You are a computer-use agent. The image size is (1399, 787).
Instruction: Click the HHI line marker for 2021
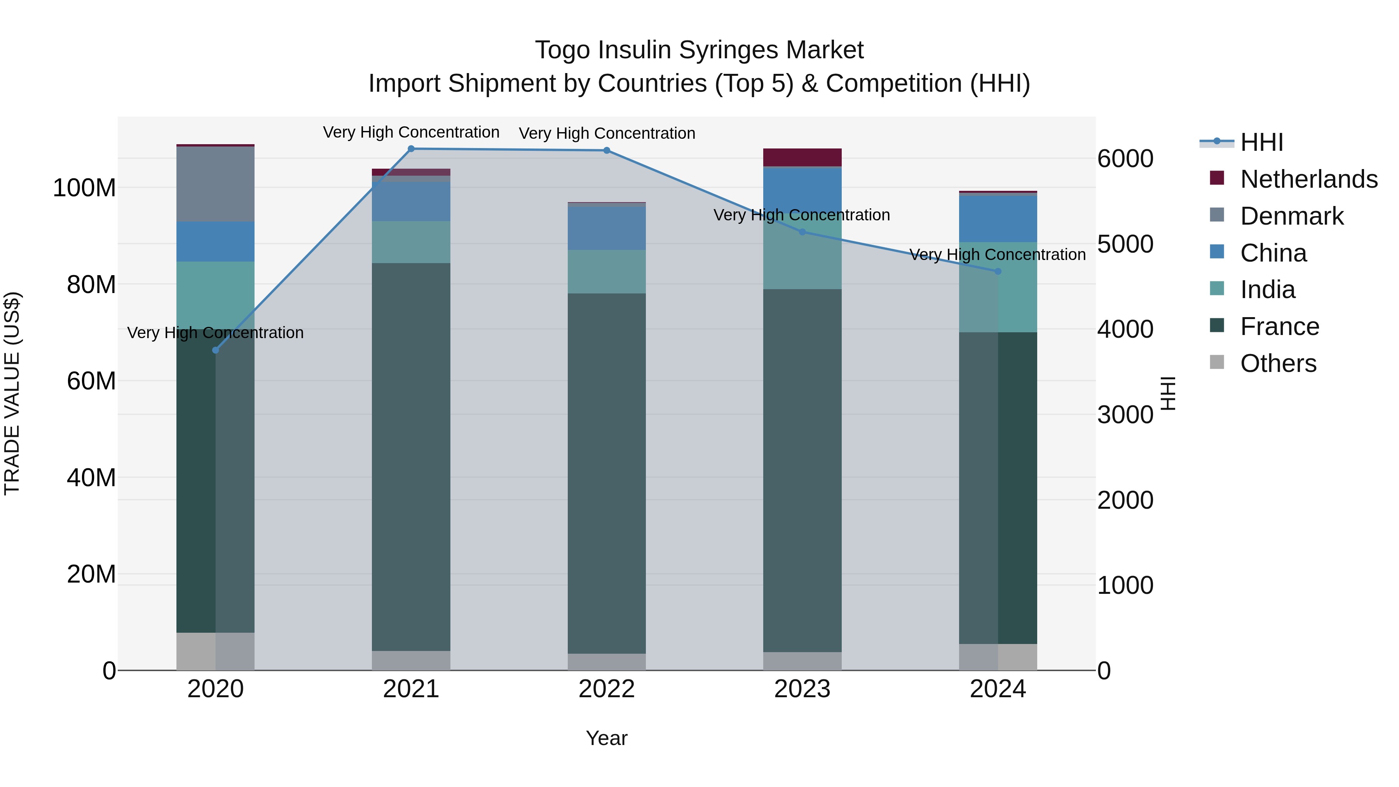[x=411, y=149]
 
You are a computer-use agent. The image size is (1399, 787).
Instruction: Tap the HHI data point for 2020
[x=216, y=350]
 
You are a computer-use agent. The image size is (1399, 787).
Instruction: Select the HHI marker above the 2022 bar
[x=607, y=150]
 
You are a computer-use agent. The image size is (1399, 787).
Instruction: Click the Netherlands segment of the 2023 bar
[x=802, y=157]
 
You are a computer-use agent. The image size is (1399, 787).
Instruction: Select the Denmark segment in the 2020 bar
[x=216, y=183]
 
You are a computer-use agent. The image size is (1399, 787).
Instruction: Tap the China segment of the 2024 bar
[x=998, y=219]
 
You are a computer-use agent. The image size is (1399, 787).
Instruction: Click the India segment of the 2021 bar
[x=411, y=242]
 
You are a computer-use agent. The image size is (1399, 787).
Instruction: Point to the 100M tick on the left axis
[x=84, y=188]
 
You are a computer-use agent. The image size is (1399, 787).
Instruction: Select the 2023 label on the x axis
[x=802, y=689]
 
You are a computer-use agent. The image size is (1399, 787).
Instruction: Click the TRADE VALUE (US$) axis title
[x=12, y=393]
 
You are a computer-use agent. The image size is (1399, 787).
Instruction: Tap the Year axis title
[x=607, y=738]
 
